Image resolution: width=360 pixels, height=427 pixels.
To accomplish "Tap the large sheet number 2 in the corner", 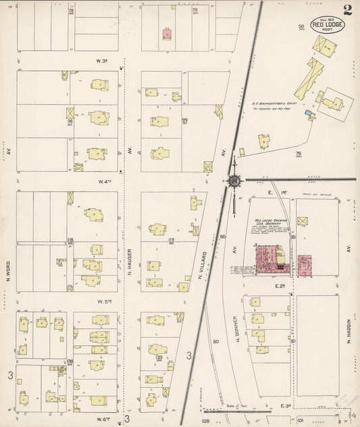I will pyautogui.click(x=346, y=9).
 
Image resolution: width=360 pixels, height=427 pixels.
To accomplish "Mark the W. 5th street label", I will pyautogui.click(x=103, y=301).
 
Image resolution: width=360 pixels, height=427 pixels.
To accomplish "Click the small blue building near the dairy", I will pyautogui.click(x=307, y=113).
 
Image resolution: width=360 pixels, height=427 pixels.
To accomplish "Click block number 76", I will pyautogui.click(x=298, y=154).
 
